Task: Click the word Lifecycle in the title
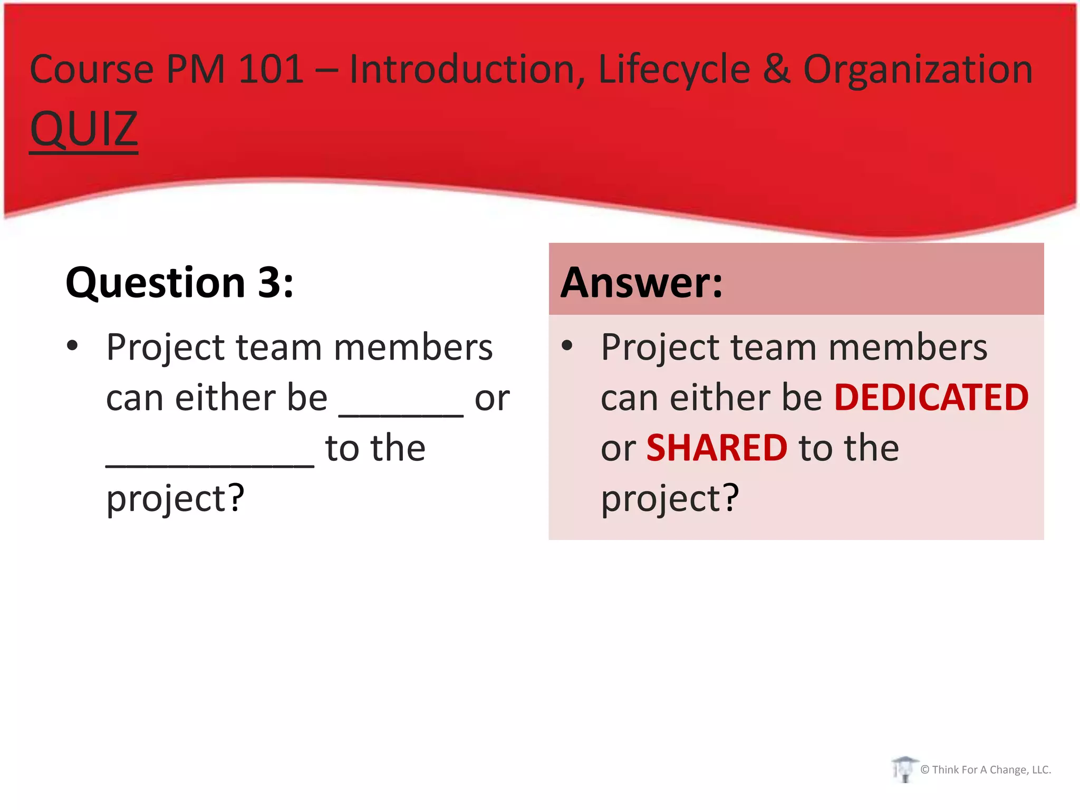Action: pos(674,70)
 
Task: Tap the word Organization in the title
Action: pos(918,70)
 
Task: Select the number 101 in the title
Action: pos(271,70)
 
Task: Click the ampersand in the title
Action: pos(776,70)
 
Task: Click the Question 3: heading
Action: pos(179,283)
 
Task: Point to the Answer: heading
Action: pos(641,283)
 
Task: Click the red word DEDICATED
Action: pos(931,397)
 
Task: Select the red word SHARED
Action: pos(717,448)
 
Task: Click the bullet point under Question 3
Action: pos(72,346)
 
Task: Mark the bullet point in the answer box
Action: pos(567,346)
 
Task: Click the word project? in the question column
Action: pos(175,498)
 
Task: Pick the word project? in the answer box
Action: pos(670,498)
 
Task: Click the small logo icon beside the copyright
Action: pos(904,769)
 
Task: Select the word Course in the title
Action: pos(92,70)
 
